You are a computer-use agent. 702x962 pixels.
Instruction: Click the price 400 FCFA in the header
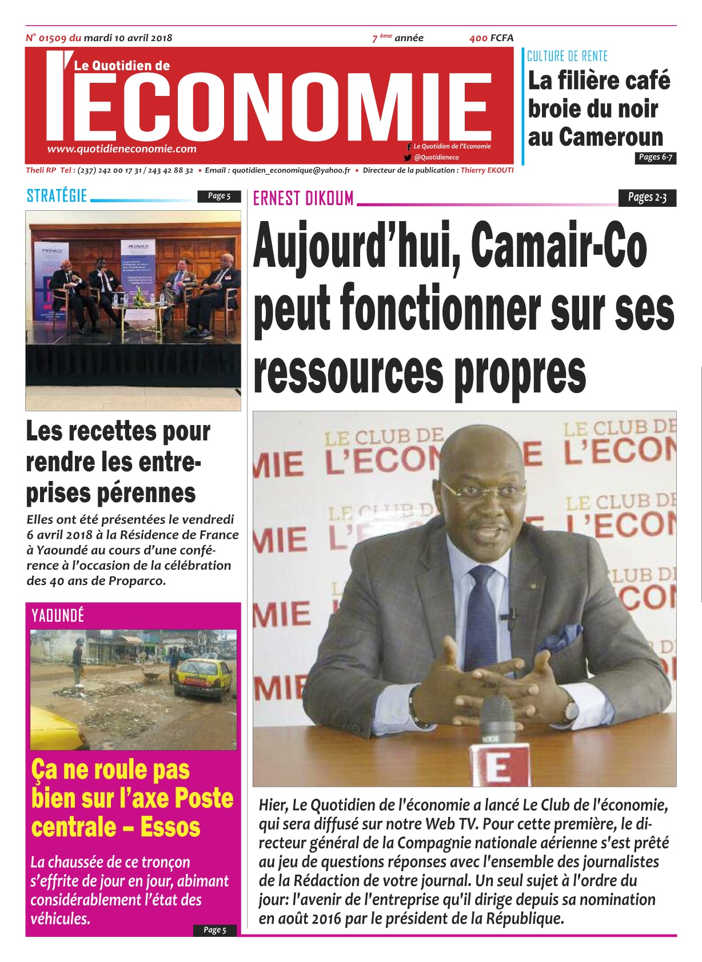pos(491,38)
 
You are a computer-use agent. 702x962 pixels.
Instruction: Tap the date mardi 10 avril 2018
pos(127,38)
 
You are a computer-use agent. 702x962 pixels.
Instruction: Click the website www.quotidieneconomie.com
pos(122,149)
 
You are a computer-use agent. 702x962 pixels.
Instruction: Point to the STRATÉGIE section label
pos(57,196)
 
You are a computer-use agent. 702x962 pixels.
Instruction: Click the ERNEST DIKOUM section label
pos(303,198)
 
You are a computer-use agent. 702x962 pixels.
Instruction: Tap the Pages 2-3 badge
pos(647,198)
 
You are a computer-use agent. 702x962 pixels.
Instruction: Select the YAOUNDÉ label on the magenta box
pos(58,615)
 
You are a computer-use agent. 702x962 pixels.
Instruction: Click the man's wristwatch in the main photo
pos(571,710)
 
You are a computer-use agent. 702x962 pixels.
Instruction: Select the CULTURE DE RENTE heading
pos(567,56)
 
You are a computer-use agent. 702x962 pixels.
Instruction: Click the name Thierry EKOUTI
pos(487,170)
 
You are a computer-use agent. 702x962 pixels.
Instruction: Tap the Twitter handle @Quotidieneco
pos(436,157)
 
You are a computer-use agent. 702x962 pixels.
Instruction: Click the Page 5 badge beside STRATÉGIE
pos(219,196)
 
